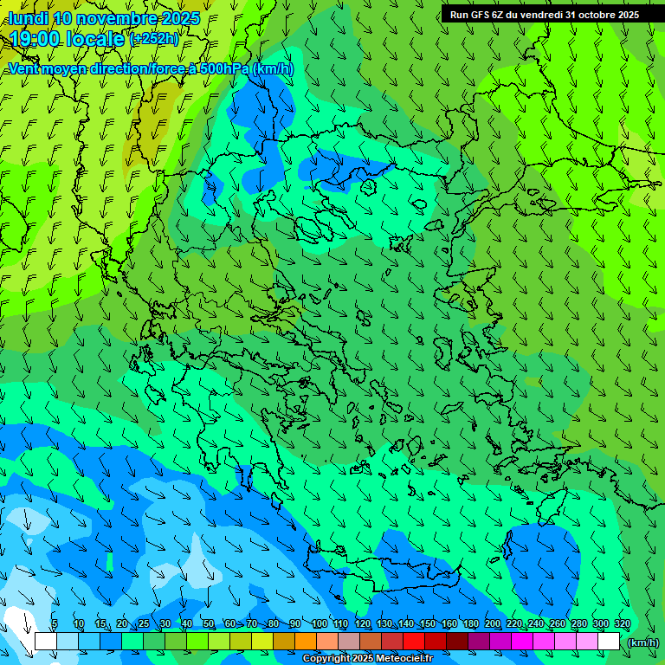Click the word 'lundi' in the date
pos(28,18)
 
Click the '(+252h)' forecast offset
pos(153,38)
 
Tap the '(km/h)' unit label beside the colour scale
pos(642,642)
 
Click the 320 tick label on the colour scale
pos(622,623)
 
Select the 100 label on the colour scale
pos(319,623)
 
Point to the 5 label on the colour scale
pos(55,623)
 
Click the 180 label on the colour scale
pos(470,623)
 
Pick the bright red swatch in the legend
pos(414,641)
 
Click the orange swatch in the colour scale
pos(306,641)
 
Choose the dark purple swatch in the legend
pos(479,641)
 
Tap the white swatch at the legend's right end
pos(609,641)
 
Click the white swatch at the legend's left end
pos(46,641)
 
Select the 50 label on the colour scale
pos(209,623)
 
